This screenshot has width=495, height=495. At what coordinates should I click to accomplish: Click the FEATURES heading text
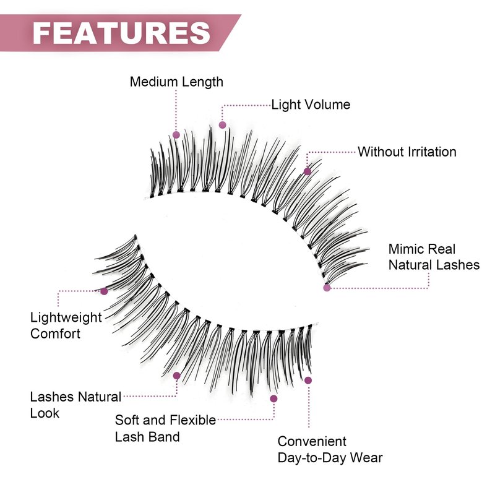[121, 32]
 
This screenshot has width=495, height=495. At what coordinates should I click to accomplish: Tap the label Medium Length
[176, 82]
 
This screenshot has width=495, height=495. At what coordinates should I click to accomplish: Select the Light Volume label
[311, 105]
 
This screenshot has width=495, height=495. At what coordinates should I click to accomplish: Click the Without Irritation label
[407, 152]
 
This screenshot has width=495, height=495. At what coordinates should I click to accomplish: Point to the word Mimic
[406, 249]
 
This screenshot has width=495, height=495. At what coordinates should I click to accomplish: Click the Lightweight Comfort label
[66, 325]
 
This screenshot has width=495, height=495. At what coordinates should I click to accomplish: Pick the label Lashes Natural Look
[75, 404]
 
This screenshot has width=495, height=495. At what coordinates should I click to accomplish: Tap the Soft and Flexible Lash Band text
[165, 428]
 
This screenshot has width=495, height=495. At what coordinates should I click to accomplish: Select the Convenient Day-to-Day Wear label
[329, 450]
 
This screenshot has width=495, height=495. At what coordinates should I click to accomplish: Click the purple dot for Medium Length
[176, 134]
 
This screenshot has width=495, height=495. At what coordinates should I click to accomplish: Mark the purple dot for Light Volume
[223, 125]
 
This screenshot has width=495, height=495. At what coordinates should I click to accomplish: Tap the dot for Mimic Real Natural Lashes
[327, 287]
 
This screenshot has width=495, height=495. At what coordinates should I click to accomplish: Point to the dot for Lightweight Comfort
[104, 291]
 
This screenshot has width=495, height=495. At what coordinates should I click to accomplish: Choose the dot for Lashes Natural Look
[176, 376]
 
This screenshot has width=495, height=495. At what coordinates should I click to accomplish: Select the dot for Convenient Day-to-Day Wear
[308, 380]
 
